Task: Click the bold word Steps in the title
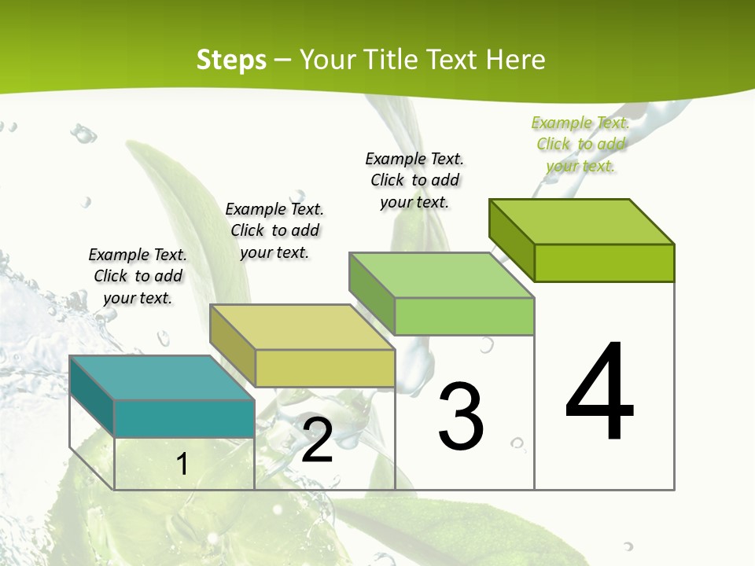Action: click(x=231, y=60)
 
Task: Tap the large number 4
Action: click(x=599, y=393)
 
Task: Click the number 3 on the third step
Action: click(x=461, y=417)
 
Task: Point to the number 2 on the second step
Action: click(x=317, y=441)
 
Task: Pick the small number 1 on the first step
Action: click(x=182, y=465)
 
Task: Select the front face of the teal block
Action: click(x=184, y=418)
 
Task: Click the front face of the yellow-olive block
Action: click(x=325, y=368)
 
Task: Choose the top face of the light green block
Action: click(x=441, y=276)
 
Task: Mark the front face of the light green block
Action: click(x=464, y=316)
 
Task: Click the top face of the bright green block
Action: click(x=582, y=222)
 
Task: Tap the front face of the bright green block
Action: click(x=604, y=263)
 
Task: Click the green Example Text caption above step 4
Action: click(x=580, y=145)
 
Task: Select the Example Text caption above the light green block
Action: click(x=414, y=180)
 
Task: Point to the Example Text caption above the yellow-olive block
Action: click(x=274, y=230)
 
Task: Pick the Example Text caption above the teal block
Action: click(x=138, y=276)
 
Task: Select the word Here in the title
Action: click(x=516, y=60)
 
